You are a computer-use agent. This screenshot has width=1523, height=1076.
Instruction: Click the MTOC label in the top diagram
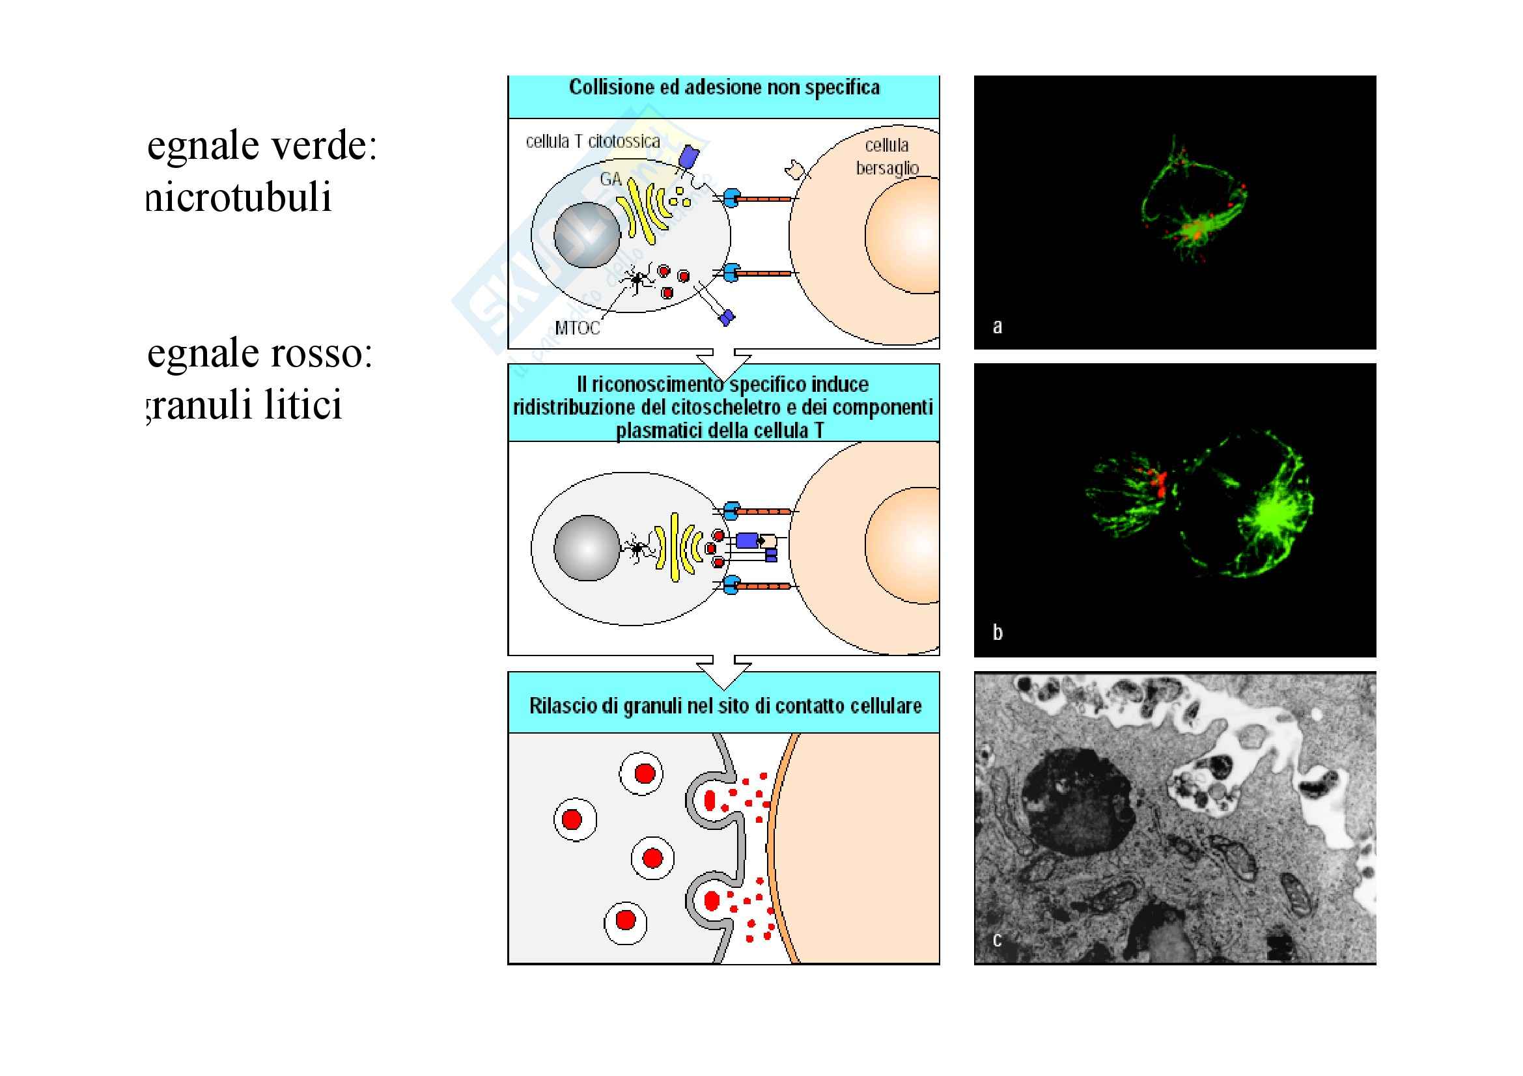coord(576,327)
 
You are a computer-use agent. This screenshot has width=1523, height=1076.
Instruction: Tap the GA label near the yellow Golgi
coord(610,178)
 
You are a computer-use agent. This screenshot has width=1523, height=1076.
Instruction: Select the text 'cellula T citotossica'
coord(593,141)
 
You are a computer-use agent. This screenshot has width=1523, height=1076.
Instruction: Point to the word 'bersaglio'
coord(887,169)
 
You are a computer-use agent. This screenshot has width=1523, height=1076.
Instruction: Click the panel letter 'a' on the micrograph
coord(997,326)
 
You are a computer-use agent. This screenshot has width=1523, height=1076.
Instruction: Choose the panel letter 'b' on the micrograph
coord(997,632)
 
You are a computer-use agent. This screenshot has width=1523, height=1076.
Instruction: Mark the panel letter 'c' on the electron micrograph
coord(997,939)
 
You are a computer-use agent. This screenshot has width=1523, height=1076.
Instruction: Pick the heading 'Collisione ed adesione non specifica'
coord(723,87)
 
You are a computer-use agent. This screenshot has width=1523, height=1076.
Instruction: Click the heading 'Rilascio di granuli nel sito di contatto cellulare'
coord(724,706)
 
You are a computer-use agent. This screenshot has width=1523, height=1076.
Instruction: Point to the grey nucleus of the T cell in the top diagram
coord(587,235)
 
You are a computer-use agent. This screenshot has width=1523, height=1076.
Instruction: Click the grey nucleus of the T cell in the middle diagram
coord(587,547)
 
